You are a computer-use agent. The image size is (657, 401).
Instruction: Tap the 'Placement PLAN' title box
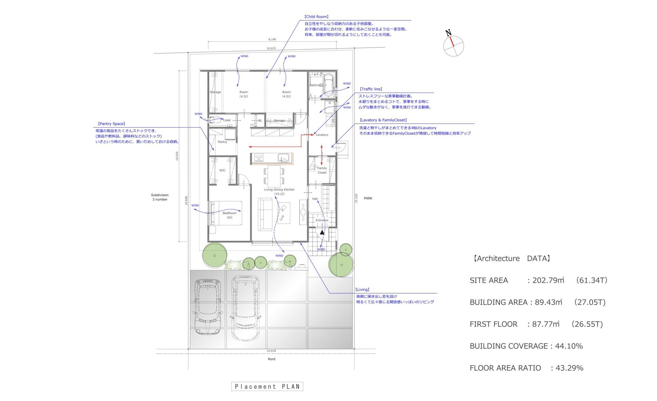pos(267,387)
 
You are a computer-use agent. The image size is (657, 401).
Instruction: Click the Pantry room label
pos(222,142)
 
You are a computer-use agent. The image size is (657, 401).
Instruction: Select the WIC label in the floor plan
pos(222,170)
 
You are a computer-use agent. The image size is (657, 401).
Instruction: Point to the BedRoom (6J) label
pos(229,215)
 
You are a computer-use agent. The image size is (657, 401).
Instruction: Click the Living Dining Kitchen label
pos(279,190)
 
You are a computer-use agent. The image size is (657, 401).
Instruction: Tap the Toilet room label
pos(227,120)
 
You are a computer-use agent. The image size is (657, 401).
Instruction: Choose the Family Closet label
pos(322,170)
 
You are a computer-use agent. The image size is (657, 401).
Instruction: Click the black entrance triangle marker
pos(322,232)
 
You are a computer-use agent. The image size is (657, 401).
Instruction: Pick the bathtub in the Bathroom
pos(329,85)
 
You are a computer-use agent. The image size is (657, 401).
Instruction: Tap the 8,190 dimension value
pos(272,39)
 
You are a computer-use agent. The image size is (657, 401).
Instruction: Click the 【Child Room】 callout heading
pos(316,17)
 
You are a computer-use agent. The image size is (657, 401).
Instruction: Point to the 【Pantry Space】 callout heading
pos(111,124)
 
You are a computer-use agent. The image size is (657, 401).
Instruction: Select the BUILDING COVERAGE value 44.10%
pos(569,346)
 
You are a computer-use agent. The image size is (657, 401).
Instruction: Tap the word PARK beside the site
pos(368,199)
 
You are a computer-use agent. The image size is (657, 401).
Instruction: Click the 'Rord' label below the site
pos(271,359)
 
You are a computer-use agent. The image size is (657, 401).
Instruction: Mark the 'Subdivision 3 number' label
pos(160,197)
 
